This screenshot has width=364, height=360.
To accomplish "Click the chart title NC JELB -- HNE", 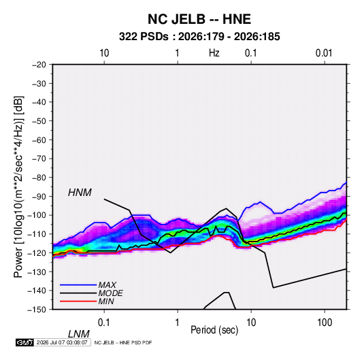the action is point(199,19).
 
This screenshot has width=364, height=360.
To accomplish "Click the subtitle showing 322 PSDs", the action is point(199,37).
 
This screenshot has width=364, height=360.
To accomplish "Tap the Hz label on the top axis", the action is point(214,53).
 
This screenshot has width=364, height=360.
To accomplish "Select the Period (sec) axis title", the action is point(214,330).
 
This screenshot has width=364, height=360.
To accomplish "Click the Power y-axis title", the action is point(18,187).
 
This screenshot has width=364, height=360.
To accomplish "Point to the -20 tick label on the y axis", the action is point(39,65).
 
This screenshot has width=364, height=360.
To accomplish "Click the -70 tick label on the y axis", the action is point(39,159).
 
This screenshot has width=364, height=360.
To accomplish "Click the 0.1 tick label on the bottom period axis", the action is point(104,323).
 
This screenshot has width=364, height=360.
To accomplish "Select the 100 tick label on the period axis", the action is point(325,323).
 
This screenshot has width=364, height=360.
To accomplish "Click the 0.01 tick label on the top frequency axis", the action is point(324,53).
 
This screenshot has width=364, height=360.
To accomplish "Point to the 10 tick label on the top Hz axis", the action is point(104,53).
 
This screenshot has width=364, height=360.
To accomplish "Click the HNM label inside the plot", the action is point(80,193).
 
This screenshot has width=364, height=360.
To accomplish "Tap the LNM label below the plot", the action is point(78,334).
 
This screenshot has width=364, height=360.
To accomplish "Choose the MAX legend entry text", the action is point(107,285).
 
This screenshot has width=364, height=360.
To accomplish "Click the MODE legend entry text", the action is point(110,293).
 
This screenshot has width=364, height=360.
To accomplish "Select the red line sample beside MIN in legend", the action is point(78,301).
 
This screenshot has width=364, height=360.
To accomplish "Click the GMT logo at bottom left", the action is point(24,342).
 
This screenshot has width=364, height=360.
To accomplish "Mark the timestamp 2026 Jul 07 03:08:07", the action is point(62,342).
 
